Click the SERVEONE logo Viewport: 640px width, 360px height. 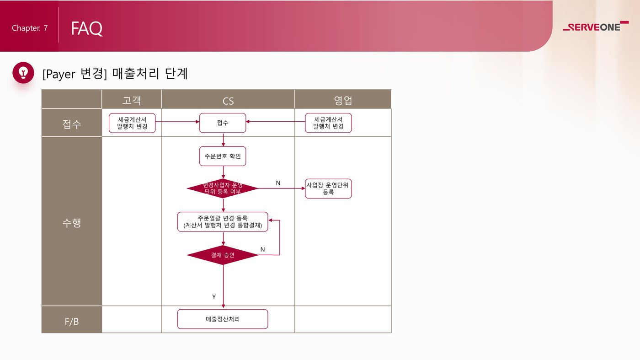(596, 27)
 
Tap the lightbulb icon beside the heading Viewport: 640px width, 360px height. (23, 73)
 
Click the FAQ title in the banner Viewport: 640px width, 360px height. (86, 28)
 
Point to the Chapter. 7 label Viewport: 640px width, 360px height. (30, 28)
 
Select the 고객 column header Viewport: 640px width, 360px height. (132, 100)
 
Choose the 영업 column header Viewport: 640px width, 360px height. (343, 100)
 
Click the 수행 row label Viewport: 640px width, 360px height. (72, 223)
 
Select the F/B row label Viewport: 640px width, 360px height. (72, 322)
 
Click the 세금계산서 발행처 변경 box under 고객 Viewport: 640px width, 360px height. (132, 123)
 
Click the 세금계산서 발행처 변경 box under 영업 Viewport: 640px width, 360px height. (328, 123)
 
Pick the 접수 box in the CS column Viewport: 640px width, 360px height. (223, 123)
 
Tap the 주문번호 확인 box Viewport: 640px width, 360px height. (223, 156)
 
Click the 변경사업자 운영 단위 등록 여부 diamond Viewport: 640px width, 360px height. (223, 188)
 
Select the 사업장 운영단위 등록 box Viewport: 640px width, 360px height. (328, 188)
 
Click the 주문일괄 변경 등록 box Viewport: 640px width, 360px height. (223, 222)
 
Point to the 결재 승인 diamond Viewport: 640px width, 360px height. (223, 255)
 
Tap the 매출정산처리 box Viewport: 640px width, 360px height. (223, 319)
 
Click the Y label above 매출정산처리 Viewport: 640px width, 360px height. (214, 297)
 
